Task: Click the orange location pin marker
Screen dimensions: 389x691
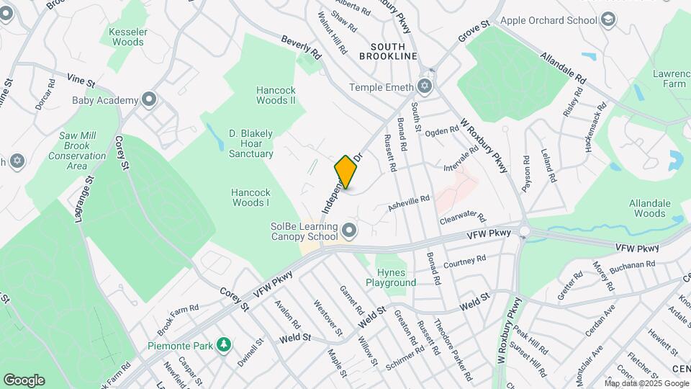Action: click(346, 172)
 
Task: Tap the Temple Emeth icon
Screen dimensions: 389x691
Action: click(425, 87)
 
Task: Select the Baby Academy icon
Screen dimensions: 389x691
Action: click(149, 99)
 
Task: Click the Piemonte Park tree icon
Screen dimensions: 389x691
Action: click(224, 346)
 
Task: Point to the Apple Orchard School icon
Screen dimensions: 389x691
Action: click(608, 20)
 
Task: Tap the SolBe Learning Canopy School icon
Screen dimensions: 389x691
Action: click(350, 231)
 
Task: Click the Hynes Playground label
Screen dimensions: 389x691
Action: click(396, 277)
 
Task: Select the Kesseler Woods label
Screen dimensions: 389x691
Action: click(128, 37)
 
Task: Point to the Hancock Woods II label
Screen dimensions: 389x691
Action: click(276, 95)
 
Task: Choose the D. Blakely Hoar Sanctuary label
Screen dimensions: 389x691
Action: click(251, 143)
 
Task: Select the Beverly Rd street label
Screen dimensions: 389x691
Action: click(301, 48)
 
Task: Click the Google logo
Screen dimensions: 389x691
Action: click(24, 380)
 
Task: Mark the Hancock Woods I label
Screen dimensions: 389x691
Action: click(250, 197)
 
